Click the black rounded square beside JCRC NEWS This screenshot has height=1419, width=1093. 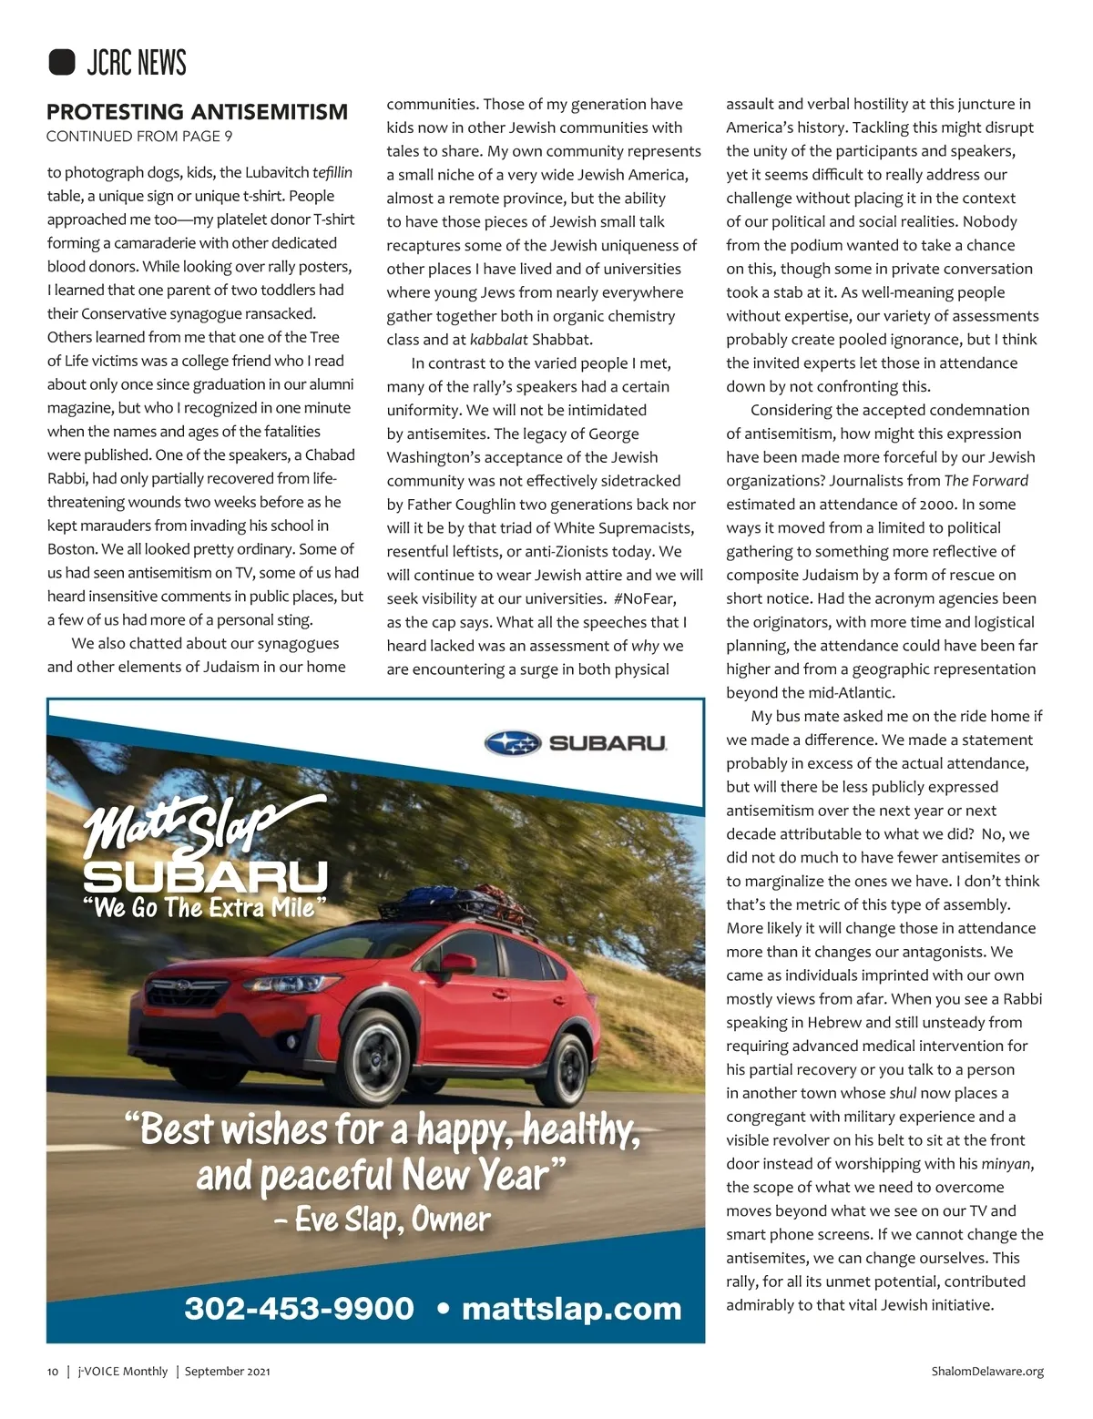click(x=61, y=62)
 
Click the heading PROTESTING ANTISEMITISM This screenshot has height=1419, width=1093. click(x=197, y=112)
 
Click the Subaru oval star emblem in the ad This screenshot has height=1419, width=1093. click(x=513, y=743)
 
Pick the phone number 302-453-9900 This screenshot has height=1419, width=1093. click(x=299, y=1309)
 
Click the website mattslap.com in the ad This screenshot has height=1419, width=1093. click(x=571, y=1309)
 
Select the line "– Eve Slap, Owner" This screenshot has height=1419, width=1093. click(x=383, y=1220)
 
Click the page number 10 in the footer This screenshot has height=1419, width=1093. click(x=53, y=1371)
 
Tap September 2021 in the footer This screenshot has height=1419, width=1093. click(x=227, y=1371)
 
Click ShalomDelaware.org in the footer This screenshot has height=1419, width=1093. click(x=987, y=1371)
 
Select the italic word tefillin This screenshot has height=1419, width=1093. click(x=332, y=172)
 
